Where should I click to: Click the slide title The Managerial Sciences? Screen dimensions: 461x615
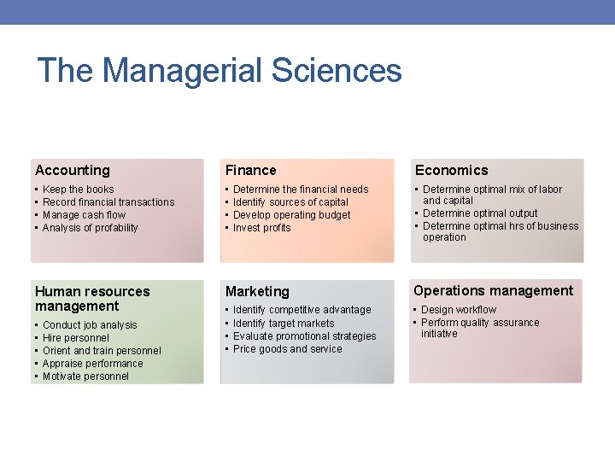click(x=220, y=70)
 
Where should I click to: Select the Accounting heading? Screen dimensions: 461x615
click(x=73, y=170)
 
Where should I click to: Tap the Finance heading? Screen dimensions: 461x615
click(x=251, y=170)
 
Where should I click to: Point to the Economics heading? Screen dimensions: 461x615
click(x=452, y=170)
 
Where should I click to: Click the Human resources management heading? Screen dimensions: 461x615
click(x=92, y=299)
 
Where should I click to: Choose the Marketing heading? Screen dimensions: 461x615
click(x=257, y=292)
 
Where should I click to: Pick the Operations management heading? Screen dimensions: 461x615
click(x=494, y=290)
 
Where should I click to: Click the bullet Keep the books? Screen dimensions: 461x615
click(x=78, y=190)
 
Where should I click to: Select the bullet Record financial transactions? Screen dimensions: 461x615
click(x=108, y=202)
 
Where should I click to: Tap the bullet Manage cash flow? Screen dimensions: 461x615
click(x=84, y=215)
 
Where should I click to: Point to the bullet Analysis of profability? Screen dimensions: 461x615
click(x=90, y=228)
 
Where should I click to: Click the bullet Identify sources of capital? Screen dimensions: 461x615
click(x=290, y=202)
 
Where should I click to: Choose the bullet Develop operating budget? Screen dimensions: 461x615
click(x=291, y=215)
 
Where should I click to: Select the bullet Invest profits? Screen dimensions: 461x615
click(x=261, y=228)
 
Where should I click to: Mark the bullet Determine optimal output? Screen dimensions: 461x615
click(x=480, y=213)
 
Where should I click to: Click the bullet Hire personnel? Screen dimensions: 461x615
click(x=76, y=338)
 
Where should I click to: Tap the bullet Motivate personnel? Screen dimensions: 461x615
click(x=85, y=376)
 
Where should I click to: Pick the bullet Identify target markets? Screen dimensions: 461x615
click(x=284, y=324)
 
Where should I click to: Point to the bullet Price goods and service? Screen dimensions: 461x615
click(x=287, y=349)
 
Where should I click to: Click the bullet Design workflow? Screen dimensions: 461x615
click(x=459, y=310)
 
